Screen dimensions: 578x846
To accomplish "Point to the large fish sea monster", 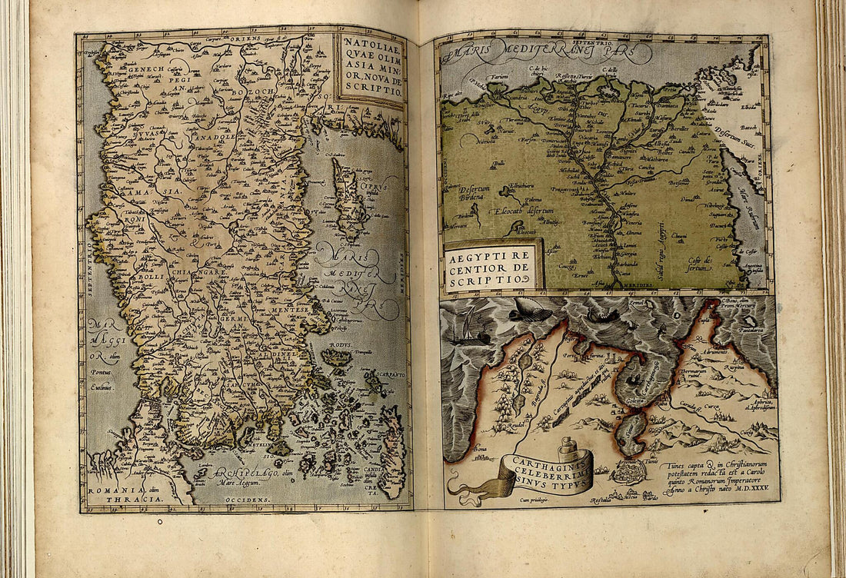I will click(x=531, y=313).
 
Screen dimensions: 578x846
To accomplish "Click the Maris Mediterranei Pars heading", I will click(x=546, y=51).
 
